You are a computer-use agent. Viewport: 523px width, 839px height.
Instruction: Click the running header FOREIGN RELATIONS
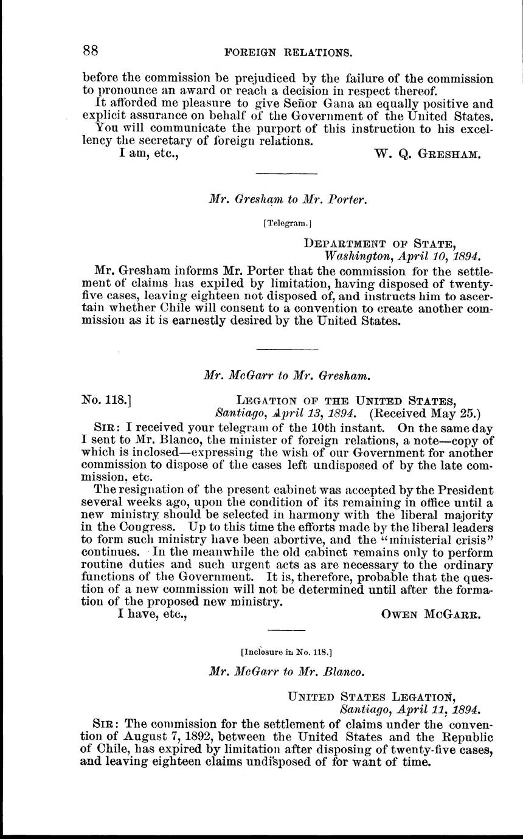[x=288, y=53]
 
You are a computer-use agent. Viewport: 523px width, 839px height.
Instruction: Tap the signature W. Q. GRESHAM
[x=429, y=154]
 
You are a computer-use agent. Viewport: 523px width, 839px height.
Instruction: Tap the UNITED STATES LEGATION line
[x=381, y=696]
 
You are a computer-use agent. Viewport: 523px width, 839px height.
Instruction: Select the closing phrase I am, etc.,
[x=148, y=154]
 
